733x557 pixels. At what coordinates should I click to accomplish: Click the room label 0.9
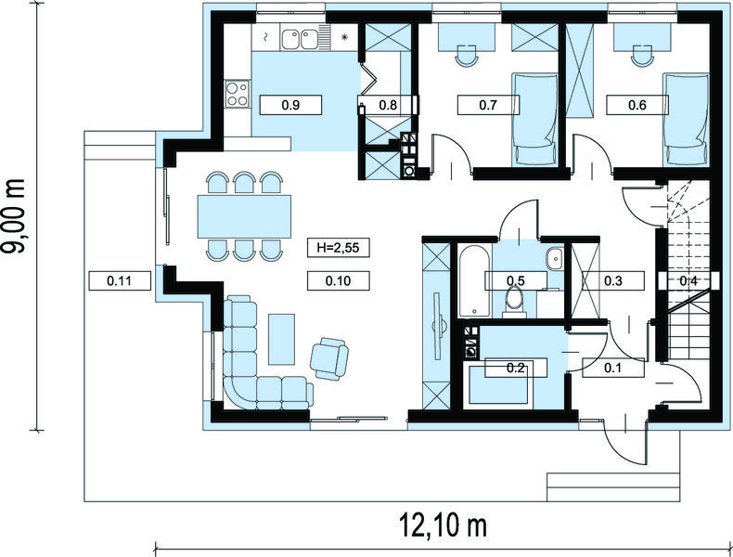(290, 105)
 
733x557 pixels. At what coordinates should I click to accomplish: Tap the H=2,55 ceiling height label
(338, 247)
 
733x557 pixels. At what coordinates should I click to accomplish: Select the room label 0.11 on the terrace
(119, 281)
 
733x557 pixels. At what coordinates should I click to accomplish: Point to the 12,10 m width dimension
(443, 525)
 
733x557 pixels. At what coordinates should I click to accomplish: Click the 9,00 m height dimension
(14, 216)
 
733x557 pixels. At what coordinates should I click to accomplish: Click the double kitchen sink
(299, 38)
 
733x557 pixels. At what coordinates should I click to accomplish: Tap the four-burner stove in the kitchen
(237, 94)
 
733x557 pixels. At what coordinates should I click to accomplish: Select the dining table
(244, 216)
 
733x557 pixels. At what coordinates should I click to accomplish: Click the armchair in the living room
(329, 357)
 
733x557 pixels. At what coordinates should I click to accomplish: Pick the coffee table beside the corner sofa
(281, 339)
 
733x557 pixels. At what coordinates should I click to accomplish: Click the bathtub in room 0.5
(474, 280)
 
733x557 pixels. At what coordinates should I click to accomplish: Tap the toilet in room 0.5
(514, 303)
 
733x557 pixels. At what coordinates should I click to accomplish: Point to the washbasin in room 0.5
(556, 258)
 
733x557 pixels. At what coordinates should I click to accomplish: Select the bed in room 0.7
(535, 119)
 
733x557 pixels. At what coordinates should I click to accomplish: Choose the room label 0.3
(613, 280)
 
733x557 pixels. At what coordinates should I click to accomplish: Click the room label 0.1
(612, 368)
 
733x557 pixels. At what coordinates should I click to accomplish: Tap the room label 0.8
(388, 105)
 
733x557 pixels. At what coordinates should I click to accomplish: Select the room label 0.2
(515, 368)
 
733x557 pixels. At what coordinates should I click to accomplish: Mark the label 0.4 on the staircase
(688, 281)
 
